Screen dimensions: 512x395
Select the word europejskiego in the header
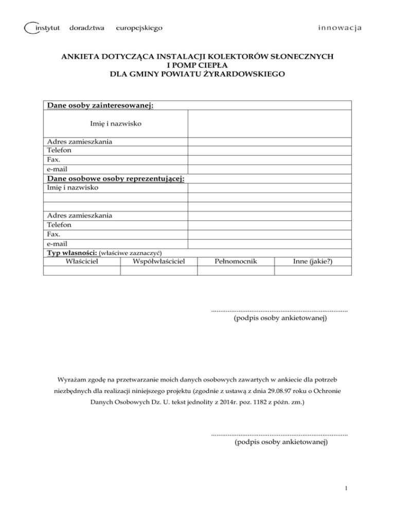click(140, 27)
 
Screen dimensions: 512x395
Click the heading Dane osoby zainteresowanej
click(101, 106)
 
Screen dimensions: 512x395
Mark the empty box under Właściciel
click(82, 270)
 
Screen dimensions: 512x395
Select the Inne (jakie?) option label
click(312, 261)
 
